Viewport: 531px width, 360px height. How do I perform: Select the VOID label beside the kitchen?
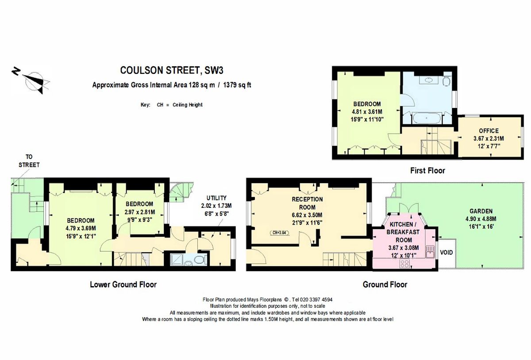coord(446,253)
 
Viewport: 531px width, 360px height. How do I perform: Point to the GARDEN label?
coord(481,211)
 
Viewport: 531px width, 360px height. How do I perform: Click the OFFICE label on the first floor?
coord(489,131)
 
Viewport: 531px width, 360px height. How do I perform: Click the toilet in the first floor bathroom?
coord(446,81)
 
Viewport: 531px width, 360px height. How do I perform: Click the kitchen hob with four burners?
coord(404,264)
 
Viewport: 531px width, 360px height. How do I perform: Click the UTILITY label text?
coord(216,198)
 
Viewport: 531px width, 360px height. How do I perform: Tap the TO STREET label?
coord(29,161)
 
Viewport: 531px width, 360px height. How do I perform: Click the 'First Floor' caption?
coord(427,170)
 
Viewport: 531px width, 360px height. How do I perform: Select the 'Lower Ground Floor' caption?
coord(123,284)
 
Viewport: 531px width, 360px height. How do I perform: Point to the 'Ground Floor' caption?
coord(385,284)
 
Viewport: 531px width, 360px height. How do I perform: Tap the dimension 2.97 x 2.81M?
coord(139,211)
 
